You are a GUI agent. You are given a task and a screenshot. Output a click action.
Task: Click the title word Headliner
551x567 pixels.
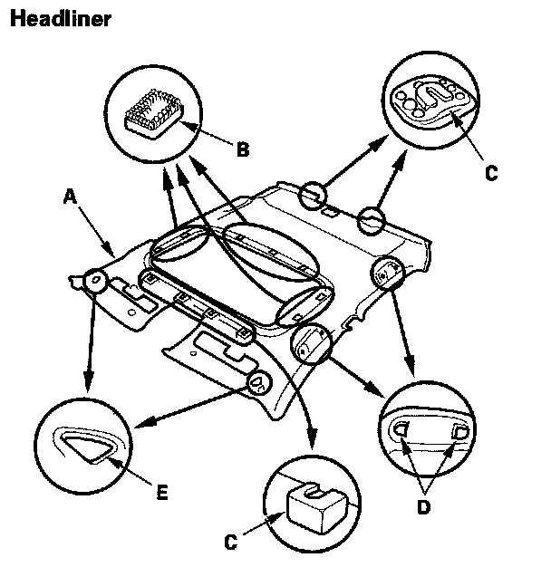coord(60,19)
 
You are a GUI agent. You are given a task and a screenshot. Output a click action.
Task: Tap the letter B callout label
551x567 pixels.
coord(242,149)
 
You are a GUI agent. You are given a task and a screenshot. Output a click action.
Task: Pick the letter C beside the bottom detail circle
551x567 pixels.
coord(230,542)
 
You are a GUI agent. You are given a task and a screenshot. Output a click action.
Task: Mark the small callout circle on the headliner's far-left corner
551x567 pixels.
coord(93,281)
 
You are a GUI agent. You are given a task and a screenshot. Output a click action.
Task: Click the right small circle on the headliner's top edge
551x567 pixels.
coord(372,218)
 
